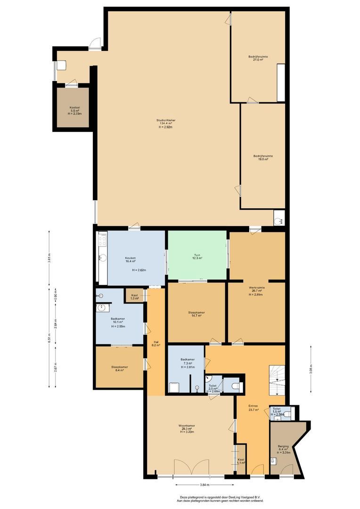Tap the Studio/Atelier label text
[x=166, y=123]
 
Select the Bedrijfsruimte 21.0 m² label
[x=258, y=58]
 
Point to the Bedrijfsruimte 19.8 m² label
[x=263, y=157]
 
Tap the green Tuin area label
[x=197, y=256]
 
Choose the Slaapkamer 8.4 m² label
[x=120, y=369]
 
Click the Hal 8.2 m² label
[x=155, y=344]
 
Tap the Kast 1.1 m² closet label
[x=241, y=460]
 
